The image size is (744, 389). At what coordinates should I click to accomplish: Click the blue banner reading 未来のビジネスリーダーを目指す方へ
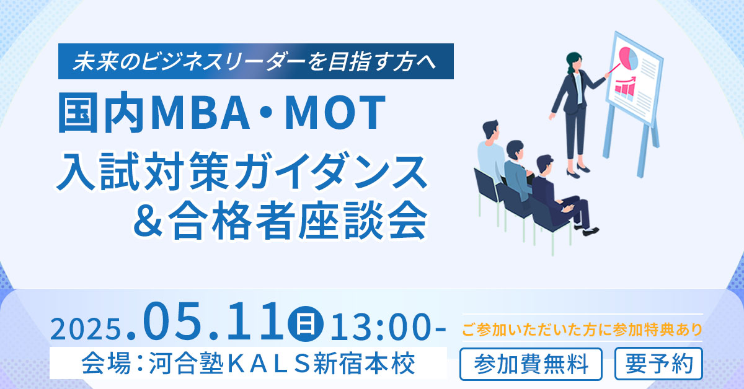point(255,61)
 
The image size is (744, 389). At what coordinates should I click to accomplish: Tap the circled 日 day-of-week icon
point(305,323)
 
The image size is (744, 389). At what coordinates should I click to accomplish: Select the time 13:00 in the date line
point(380,328)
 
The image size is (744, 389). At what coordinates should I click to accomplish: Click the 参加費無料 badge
point(531,364)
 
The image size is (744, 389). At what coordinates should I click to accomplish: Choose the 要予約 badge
point(658,364)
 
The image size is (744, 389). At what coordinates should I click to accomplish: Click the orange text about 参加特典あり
point(582,330)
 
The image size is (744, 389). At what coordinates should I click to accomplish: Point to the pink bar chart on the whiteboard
point(625,86)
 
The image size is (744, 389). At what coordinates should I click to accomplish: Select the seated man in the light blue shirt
point(491,156)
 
